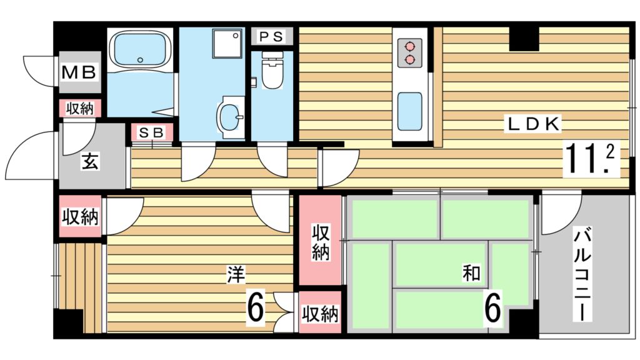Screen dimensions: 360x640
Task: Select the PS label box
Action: coord(272,36)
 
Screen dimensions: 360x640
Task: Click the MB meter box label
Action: coord(79,72)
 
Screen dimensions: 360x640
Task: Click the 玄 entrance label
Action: coord(89,162)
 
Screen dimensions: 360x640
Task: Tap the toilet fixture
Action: coord(272,71)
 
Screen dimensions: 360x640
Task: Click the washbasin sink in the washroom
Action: coord(231,116)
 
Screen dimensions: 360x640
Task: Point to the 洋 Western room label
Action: coord(235,272)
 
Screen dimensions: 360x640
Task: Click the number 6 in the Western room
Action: coord(254,307)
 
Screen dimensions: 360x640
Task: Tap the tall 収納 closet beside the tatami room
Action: coord(320,241)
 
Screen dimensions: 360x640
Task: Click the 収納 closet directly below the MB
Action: coord(80,109)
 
